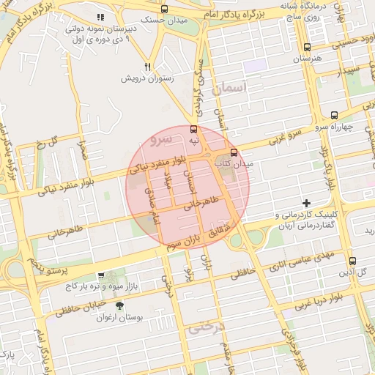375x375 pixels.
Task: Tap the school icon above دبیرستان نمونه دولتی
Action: click(x=100, y=16)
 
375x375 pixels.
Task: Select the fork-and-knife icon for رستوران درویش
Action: click(x=147, y=67)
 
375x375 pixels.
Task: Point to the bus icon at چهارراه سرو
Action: click(x=334, y=115)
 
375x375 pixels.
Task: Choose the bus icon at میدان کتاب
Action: click(x=234, y=152)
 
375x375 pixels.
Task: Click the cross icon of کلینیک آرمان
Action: click(x=306, y=202)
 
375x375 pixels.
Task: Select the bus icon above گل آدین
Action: click(x=352, y=261)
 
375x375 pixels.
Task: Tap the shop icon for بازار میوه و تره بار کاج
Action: click(x=100, y=275)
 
